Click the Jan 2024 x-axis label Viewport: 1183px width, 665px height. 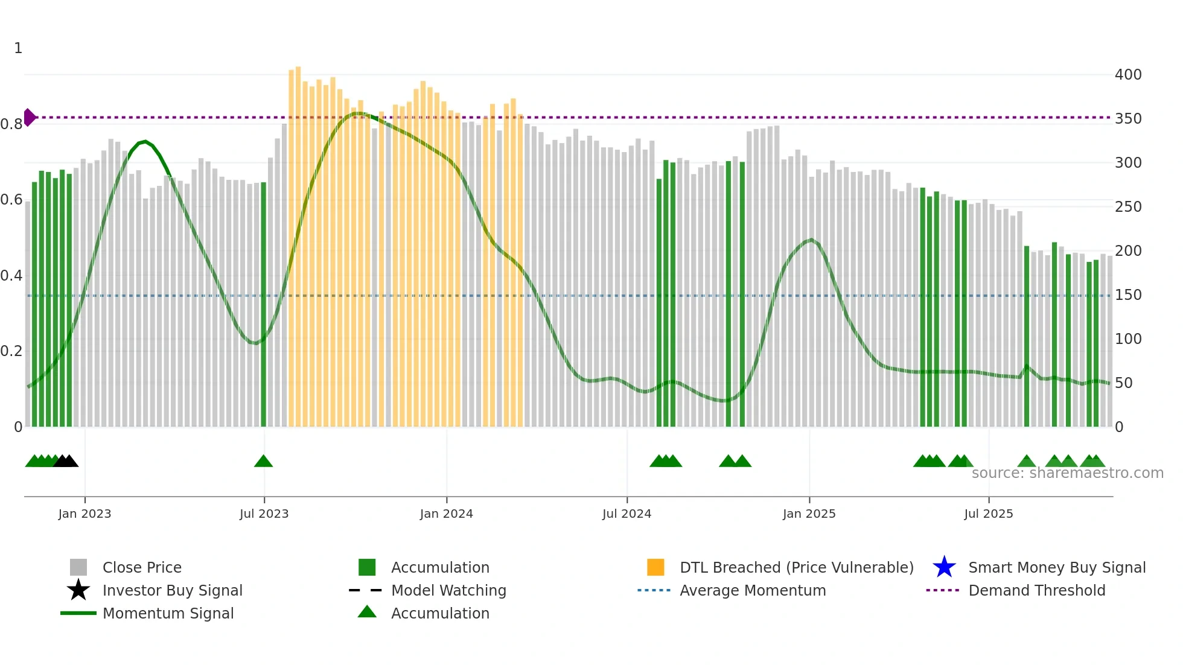click(x=446, y=514)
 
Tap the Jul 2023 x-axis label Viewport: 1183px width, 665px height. click(x=264, y=514)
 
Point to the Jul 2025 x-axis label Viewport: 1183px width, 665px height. click(x=988, y=514)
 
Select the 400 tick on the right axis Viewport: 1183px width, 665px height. click(x=1127, y=75)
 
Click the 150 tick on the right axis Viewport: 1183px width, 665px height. click(x=1127, y=295)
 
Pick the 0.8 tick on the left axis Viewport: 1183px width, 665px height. click(x=11, y=124)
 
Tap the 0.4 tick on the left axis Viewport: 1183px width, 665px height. click(x=11, y=276)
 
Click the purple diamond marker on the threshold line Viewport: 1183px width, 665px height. click(x=29, y=117)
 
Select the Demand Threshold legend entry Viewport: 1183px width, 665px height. click(x=1036, y=590)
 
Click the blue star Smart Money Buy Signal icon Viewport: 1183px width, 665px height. click(x=944, y=567)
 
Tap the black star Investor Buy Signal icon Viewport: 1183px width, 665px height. click(x=78, y=590)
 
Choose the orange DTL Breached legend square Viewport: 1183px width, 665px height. click(x=655, y=567)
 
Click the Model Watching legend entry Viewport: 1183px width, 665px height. click(x=448, y=590)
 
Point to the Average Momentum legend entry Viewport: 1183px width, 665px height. click(x=752, y=590)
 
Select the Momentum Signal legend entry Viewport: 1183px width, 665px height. click(x=168, y=613)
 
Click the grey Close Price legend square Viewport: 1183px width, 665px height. click(x=78, y=567)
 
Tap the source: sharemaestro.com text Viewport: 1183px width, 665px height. click(x=1067, y=473)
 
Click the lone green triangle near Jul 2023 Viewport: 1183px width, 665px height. click(x=263, y=462)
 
